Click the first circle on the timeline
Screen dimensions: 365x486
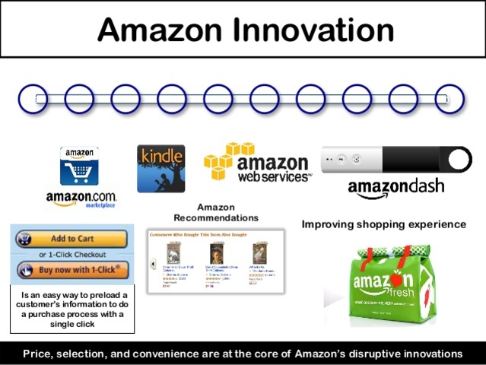[x=32, y=99]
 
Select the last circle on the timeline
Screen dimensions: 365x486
[x=449, y=99]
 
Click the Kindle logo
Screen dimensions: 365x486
[x=160, y=168]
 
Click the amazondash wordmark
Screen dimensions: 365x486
[x=395, y=188]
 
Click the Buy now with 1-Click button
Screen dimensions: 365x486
[x=72, y=270]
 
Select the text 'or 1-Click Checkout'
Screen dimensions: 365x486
[x=73, y=254]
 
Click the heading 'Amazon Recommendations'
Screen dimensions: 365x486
[x=227, y=212]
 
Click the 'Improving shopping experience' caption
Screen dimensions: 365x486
[x=383, y=224]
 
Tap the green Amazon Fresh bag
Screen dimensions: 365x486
[x=388, y=281]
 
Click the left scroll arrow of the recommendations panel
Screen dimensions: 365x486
[x=152, y=264]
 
